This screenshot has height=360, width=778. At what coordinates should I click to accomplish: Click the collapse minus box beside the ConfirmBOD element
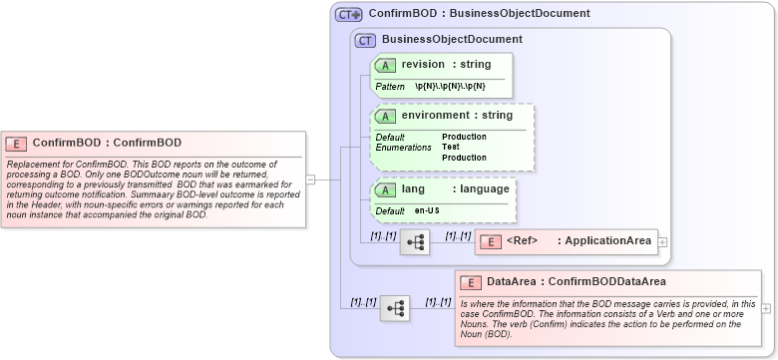(x=310, y=180)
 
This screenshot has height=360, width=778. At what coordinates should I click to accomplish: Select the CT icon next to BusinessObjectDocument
(x=365, y=40)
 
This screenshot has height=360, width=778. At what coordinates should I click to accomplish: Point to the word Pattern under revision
(x=390, y=87)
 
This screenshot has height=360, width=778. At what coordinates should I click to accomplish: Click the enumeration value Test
(x=450, y=148)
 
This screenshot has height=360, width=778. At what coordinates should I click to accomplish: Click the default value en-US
(x=427, y=211)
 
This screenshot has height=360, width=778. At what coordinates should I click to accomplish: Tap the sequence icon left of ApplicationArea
(x=414, y=241)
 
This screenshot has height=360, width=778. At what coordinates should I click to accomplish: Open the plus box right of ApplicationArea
(x=663, y=241)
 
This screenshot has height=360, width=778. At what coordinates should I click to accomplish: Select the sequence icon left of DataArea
(x=395, y=308)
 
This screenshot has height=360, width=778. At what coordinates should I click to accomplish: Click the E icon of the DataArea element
(x=473, y=282)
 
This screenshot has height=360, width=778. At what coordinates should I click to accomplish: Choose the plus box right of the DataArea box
(x=766, y=308)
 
